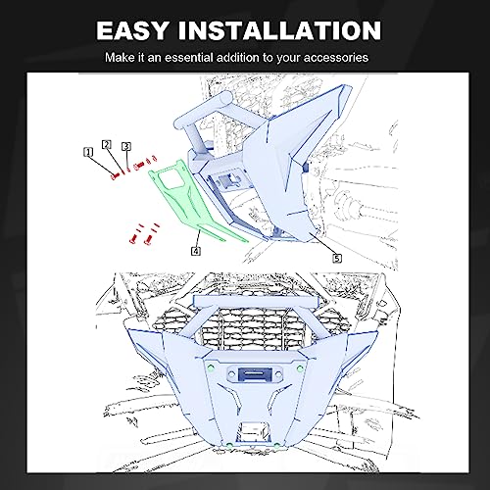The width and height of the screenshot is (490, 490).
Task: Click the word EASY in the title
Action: coord(133,30)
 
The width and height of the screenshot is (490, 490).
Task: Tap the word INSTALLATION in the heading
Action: coord(279,30)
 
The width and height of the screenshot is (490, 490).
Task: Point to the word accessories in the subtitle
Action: coord(336,58)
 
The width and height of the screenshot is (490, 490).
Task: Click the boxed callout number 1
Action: coord(88,152)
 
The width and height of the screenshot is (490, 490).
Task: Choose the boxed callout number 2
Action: coord(107,144)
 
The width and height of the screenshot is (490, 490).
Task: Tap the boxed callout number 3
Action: coord(126,146)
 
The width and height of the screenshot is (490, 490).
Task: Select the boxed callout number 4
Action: coord(196,251)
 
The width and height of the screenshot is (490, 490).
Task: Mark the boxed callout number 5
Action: coord(337,259)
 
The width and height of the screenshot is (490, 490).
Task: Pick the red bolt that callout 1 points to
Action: coord(115,176)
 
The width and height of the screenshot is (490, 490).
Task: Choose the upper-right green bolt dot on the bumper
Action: coord(300,368)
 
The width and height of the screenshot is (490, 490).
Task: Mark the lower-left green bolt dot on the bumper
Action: coord(229,445)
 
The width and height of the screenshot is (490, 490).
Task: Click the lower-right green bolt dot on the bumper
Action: coord(277,445)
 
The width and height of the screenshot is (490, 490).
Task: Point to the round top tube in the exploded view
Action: coord(203,111)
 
